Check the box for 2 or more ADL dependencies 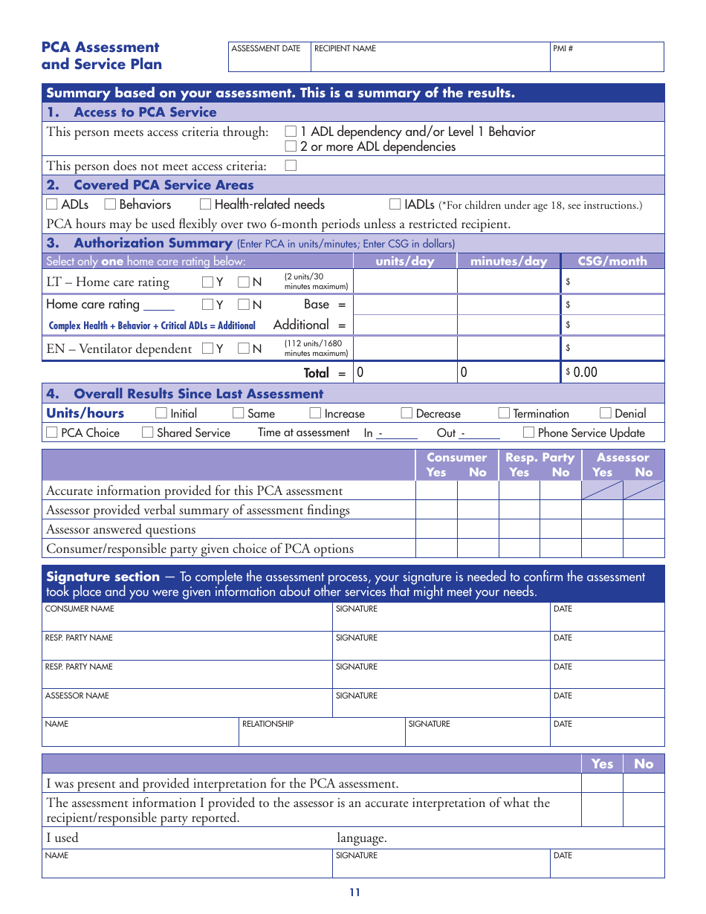[291, 147]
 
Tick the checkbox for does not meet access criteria [291, 166]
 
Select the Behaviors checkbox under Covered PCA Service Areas [110, 204]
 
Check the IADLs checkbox [395, 204]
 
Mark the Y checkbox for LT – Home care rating [207, 282]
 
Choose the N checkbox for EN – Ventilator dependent [244, 349]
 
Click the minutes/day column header [508, 261]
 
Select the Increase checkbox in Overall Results [315, 413]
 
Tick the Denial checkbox [605, 413]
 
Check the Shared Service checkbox [147, 432]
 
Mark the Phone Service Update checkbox [528, 432]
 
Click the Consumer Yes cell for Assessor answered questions [435, 529]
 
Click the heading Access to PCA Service [145, 112]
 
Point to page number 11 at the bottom [354, 892]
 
